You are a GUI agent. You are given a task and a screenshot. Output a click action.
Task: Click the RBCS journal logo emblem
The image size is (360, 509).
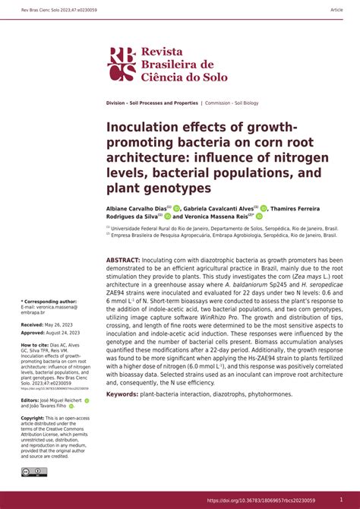122,63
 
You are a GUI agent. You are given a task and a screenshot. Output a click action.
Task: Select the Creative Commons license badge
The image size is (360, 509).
34,472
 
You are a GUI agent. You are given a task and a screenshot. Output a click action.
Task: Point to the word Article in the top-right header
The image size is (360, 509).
336,10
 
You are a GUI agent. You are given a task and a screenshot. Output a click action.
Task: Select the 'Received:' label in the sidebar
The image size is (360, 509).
36,324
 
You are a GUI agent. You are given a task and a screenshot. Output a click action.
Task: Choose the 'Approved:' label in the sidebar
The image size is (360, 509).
36,333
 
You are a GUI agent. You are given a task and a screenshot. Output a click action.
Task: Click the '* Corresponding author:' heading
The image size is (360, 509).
49,301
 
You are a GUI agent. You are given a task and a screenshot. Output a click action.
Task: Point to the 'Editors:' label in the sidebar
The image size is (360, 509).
30,400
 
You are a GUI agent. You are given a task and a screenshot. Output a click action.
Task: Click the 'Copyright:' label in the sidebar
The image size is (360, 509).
33,418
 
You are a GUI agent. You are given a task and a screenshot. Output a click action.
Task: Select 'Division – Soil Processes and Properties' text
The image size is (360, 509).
152,103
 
